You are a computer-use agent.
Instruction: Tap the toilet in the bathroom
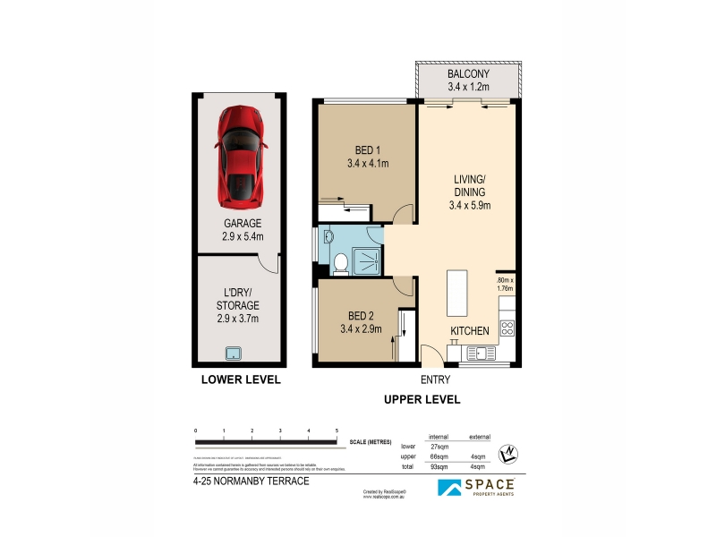pyautogui.click(x=340, y=262)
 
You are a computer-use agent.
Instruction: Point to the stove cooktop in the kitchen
pyautogui.click(x=507, y=328)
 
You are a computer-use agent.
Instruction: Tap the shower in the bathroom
pyautogui.click(x=367, y=260)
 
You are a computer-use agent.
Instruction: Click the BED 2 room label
pyautogui.click(x=360, y=316)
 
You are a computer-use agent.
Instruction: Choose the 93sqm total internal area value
pyautogui.click(x=439, y=467)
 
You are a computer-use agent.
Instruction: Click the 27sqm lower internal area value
pyautogui.click(x=439, y=446)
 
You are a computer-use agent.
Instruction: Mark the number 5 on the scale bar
pyautogui.click(x=337, y=431)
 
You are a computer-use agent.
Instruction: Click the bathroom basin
pyautogui.click(x=328, y=237)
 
